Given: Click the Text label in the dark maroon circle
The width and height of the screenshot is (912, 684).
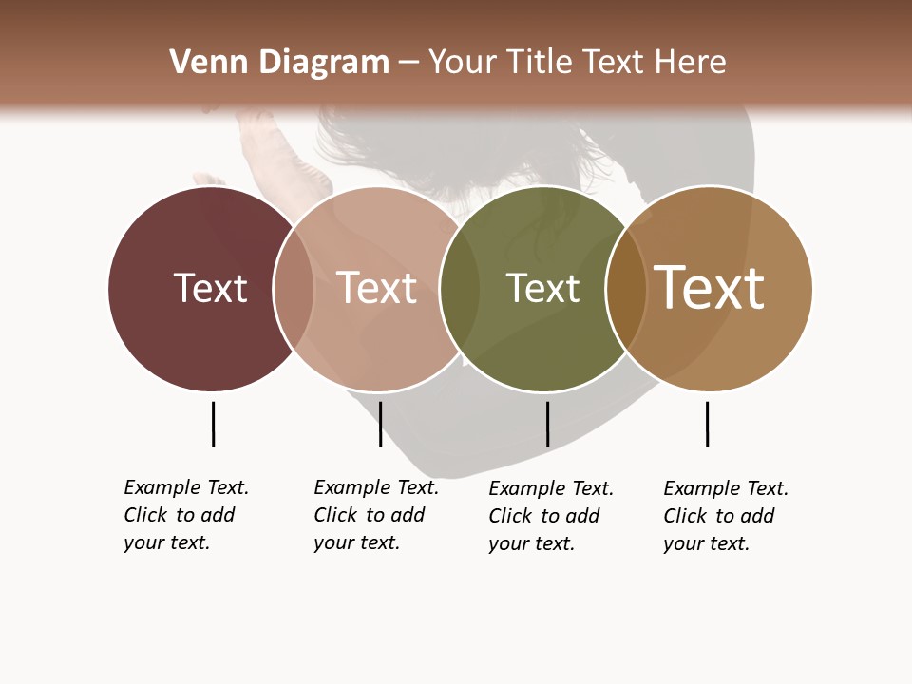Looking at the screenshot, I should (210, 288).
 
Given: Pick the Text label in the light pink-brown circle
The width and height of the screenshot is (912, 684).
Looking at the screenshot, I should (377, 288).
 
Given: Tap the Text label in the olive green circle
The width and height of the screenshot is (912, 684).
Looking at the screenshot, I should (542, 288).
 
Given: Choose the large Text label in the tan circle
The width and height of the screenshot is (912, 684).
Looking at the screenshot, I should (710, 288).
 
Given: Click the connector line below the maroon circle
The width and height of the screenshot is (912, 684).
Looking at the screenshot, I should (213, 424).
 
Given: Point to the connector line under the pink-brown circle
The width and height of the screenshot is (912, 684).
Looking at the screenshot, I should (380, 424).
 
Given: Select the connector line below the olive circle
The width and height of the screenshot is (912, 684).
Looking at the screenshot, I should (547, 424).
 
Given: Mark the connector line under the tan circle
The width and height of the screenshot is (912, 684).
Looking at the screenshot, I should (707, 424).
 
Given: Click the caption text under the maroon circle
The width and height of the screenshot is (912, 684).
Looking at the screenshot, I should (185, 515).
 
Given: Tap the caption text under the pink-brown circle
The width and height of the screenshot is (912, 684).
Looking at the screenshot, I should (375, 515).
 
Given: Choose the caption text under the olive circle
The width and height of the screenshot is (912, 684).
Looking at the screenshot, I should (550, 516).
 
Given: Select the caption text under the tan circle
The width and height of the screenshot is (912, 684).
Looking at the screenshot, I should (725, 516).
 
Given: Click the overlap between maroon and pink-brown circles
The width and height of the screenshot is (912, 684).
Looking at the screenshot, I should (294, 289).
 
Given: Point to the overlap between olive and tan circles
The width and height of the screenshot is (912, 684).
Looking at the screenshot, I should (626, 289).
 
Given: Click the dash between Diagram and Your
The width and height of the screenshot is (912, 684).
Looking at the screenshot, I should (408, 63).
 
